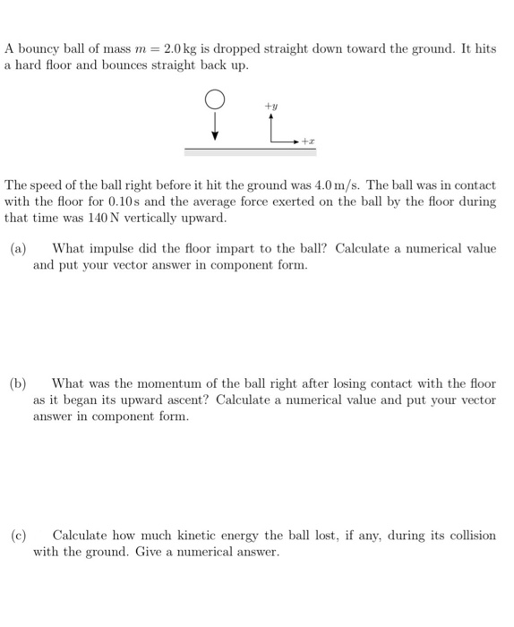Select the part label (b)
pos(18,384)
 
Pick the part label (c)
pos(18,536)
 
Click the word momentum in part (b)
pos(158,384)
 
